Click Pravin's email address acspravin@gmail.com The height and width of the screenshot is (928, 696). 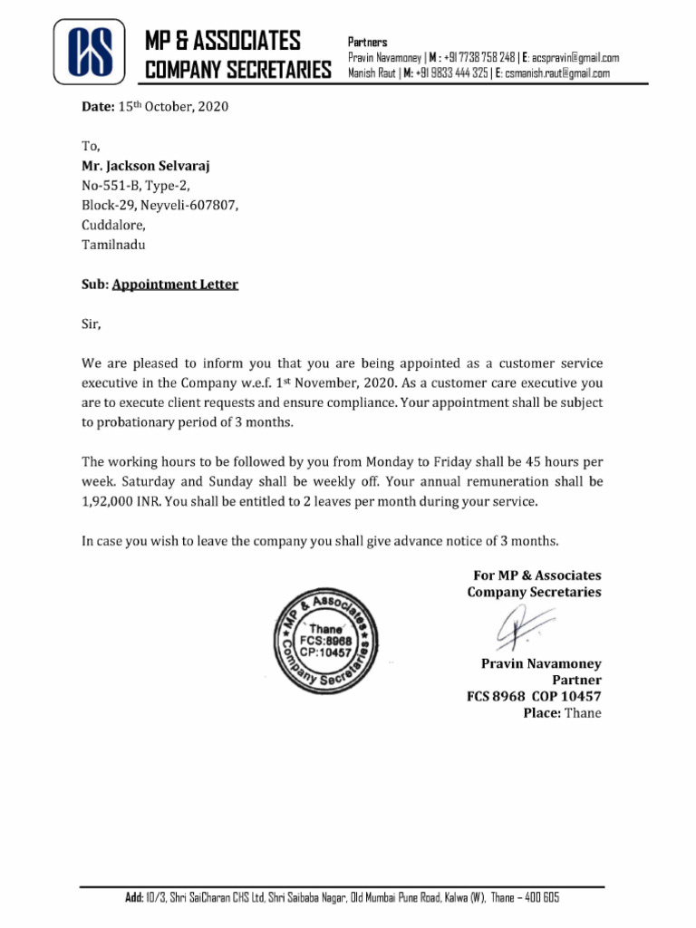(x=575, y=57)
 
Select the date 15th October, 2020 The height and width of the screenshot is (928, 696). (x=173, y=107)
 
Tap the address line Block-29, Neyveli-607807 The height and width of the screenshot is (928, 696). (x=160, y=206)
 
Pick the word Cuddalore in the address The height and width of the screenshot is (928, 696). (x=113, y=225)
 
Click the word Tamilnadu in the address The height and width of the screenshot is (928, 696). (x=113, y=245)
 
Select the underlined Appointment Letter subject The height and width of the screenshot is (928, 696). (x=175, y=285)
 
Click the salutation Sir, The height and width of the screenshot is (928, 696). (x=92, y=324)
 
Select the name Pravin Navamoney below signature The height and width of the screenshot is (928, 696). (x=540, y=664)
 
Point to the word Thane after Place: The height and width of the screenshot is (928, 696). (x=583, y=713)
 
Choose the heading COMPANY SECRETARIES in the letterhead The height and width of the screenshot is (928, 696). (x=238, y=70)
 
